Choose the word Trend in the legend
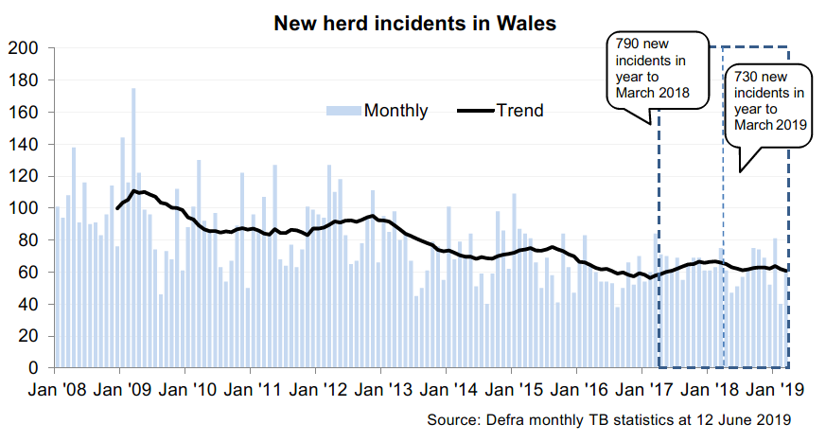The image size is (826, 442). pyautogui.click(x=521, y=111)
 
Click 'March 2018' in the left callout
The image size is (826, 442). pyautogui.click(x=652, y=93)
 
